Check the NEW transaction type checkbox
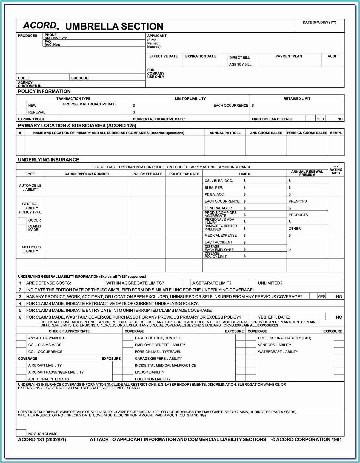(21, 105)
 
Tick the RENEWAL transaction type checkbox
(21, 111)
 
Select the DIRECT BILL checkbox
(223, 57)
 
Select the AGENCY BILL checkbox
(223, 64)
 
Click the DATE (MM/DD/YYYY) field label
(319, 22)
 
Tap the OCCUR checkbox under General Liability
(22, 220)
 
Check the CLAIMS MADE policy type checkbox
(22, 228)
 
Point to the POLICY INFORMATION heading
(44, 91)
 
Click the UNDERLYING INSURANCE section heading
(48, 160)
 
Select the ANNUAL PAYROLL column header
(225, 133)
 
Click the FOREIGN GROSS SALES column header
(307, 133)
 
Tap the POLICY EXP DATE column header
(184, 174)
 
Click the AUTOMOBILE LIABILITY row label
(30, 188)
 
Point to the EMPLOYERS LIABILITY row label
(30, 249)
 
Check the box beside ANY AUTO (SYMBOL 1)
(21, 338)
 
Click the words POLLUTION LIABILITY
(153, 379)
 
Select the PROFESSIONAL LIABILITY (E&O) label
(284, 338)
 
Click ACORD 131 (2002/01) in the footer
(42, 440)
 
